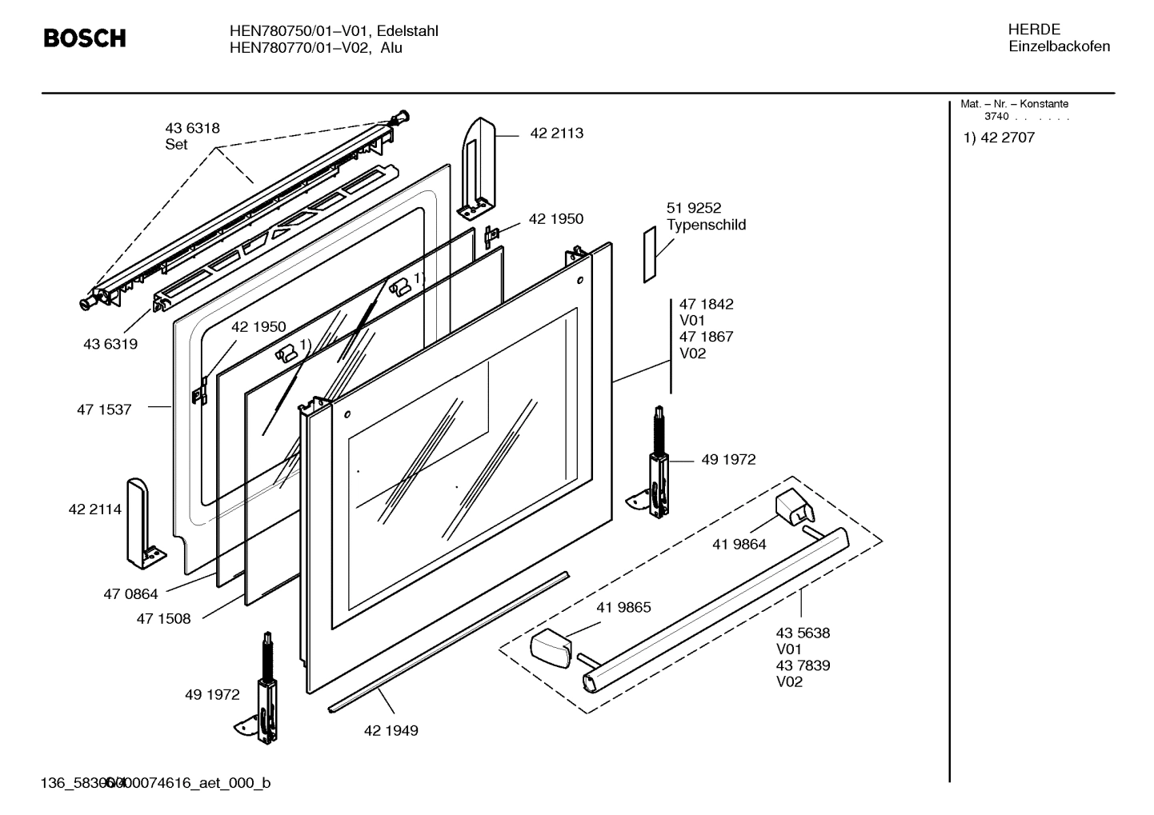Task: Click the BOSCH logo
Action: (x=84, y=38)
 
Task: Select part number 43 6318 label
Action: (x=192, y=128)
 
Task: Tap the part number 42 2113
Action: (x=556, y=134)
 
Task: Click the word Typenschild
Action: (x=706, y=225)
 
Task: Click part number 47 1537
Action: (x=104, y=409)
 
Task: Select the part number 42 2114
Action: (x=95, y=509)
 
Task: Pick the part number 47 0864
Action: (x=130, y=594)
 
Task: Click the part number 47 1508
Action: (x=163, y=618)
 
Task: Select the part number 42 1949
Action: (x=391, y=730)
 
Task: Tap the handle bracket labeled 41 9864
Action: (x=794, y=508)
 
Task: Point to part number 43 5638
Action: (x=803, y=633)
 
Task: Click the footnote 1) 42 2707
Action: (x=999, y=138)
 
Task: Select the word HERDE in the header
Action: (x=1034, y=30)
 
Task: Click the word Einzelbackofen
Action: (x=1059, y=46)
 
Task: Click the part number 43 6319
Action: (x=110, y=344)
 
